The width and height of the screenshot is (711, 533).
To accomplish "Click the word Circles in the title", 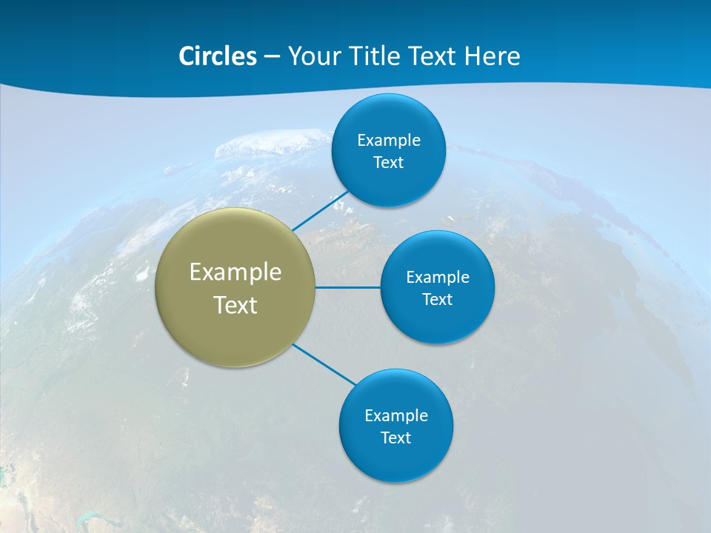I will (x=217, y=56).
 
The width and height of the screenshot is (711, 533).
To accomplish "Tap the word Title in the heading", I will (x=378, y=56).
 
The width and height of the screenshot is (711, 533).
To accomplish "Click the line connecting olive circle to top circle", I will (x=321, y=211).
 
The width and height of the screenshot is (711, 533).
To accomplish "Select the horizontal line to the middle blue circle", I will (x=347, y=287).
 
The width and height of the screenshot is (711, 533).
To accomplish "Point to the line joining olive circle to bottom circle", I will (x=324, y=364).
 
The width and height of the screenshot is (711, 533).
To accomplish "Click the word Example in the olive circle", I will (x=236, y=272).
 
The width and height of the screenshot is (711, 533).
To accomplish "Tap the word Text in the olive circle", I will (x=236, y=305).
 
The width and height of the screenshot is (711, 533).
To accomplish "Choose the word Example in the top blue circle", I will (x=389, y=140).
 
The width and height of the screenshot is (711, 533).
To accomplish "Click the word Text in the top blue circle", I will (x=389, y=162).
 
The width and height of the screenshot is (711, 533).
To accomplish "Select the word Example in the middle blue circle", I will (x=438, y=278).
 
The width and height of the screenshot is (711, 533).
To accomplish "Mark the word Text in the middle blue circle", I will (x=438, y=300).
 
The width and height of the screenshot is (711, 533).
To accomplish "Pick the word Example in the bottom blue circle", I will (x=396, y=415).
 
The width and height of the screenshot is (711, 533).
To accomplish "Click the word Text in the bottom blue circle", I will (x=396, y=438).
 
